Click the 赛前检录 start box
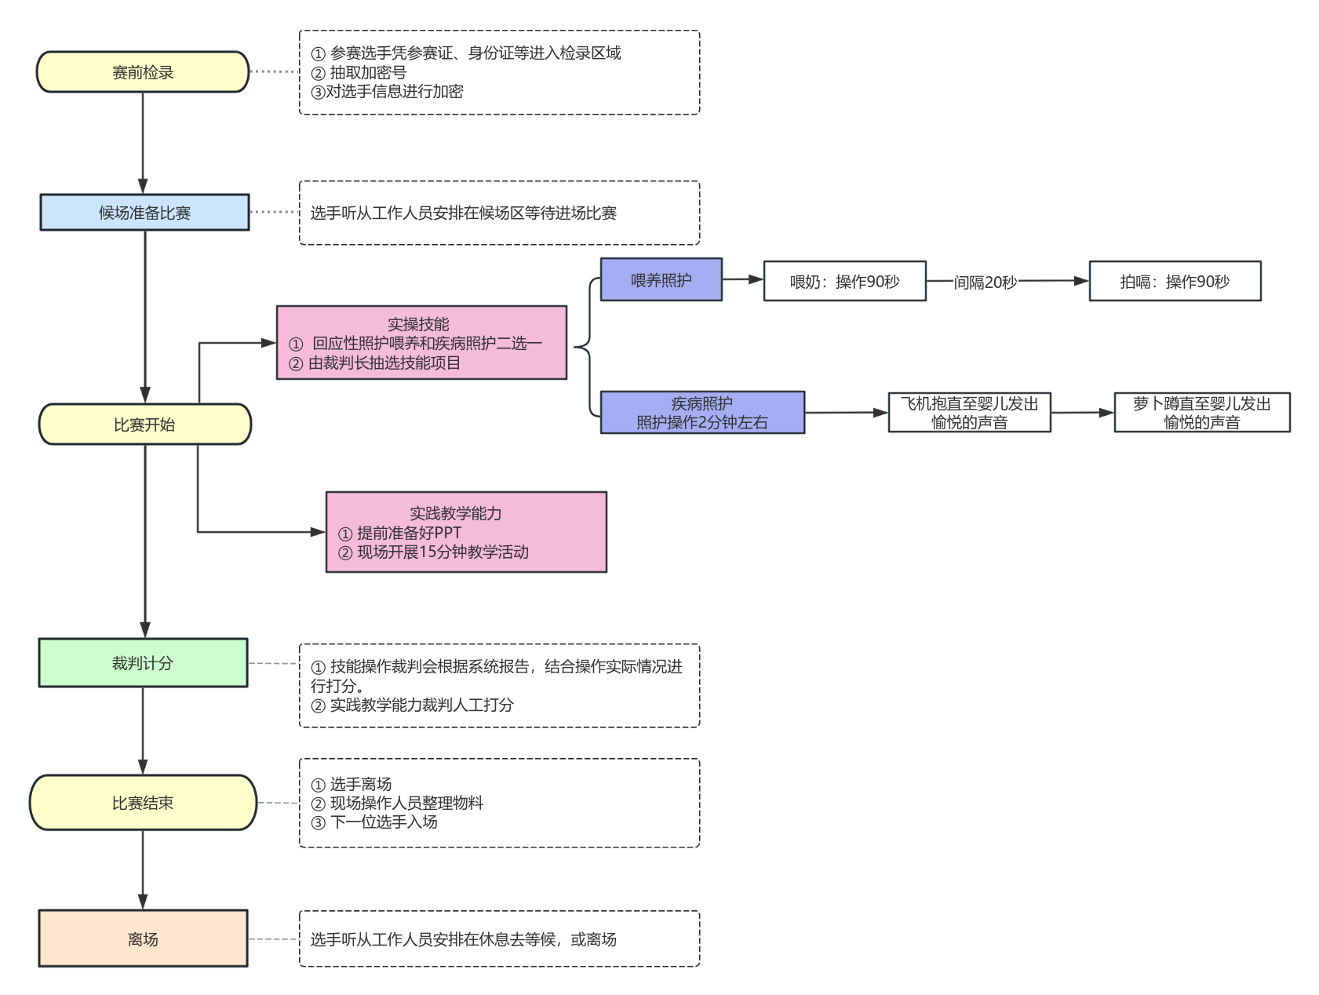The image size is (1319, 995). point(143,72)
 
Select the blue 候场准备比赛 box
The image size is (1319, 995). point(144,213)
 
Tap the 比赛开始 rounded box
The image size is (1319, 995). point(144,425)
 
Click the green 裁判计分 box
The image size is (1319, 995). point(143,663)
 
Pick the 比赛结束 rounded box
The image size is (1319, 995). point(143,803)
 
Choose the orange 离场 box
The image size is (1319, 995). point(143,939)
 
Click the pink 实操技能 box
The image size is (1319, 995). point(421,343)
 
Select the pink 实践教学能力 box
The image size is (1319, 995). point(466,532)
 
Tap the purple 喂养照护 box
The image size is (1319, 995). point(661,280)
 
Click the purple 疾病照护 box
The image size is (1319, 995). point(702,413)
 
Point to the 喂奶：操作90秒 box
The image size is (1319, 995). point(845,282)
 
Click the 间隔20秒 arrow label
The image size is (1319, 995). point(986,282)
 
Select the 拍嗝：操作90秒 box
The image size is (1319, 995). point(1175,282)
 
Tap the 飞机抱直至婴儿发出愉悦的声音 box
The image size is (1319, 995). point(969,413)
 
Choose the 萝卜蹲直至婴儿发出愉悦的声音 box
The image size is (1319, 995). point(1201,413)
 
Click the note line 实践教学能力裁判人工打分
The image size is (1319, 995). point(421,705)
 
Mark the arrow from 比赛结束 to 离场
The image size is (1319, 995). point(143,869)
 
